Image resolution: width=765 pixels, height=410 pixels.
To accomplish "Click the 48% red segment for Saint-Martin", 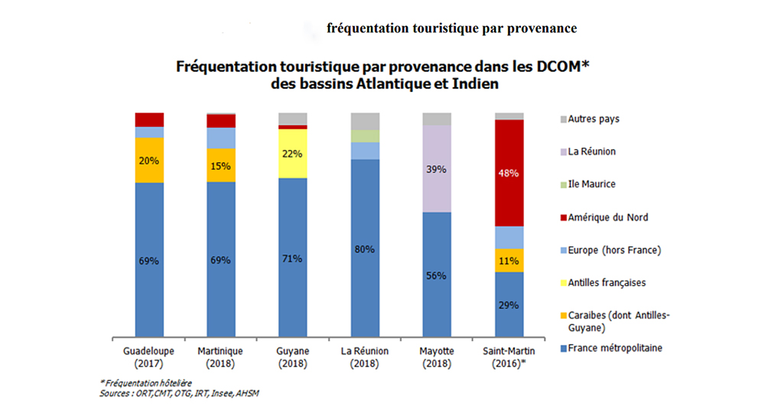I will point(509,173).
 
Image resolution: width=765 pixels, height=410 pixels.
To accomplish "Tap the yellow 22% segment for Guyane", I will point(292,153).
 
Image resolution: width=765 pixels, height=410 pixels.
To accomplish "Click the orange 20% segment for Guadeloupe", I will point(149,160).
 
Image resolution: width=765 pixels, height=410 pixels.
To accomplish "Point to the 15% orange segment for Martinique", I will point(221,165).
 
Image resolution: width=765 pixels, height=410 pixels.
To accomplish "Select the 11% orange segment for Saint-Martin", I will point(509,260).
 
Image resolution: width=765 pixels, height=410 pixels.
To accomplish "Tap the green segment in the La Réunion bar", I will point(364,135).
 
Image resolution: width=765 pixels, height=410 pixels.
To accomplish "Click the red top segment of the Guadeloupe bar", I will point(149,119).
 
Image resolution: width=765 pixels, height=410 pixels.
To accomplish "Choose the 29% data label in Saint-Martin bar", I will point(509,304).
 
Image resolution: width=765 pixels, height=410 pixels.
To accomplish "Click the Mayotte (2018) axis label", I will point(437,356).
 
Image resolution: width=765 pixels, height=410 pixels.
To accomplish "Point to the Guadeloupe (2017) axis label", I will point(149,356).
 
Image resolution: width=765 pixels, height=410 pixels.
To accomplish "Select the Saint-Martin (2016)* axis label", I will point(509,356).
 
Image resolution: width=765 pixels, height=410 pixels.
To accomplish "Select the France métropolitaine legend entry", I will point(615,348).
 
